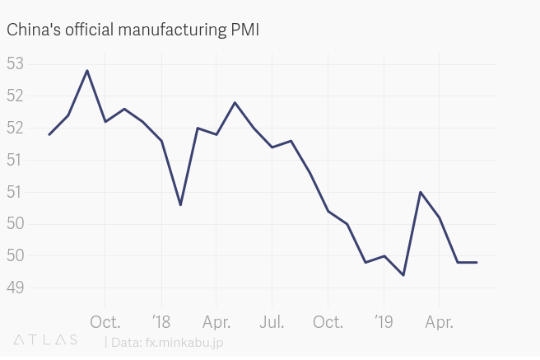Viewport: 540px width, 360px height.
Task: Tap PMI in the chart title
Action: click(244, 30)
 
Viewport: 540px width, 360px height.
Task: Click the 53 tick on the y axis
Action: click(15, 64)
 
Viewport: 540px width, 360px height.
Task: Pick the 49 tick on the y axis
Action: click(15, 288)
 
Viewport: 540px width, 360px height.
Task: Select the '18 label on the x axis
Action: click(161, 322)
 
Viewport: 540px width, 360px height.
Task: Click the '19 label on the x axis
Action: click(384, 322)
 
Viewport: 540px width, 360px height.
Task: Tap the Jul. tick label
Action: click(272, 322)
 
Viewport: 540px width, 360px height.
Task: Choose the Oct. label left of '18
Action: click(105, 322)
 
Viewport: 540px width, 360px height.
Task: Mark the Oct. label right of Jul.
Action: click(328, 322)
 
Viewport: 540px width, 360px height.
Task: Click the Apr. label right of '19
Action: click(439, 322)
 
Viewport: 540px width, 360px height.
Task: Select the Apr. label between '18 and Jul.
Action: click(216, 322)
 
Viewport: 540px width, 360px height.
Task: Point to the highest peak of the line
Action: click(87, 70)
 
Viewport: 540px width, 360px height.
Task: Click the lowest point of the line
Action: click(403, 275)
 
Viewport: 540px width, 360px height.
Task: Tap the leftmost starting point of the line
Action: click(49, 134)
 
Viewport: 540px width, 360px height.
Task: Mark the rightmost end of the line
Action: click(477, 262)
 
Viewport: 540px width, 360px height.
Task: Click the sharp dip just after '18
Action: click(180, 204)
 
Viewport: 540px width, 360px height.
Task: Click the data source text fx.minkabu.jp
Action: click(182, 342)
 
